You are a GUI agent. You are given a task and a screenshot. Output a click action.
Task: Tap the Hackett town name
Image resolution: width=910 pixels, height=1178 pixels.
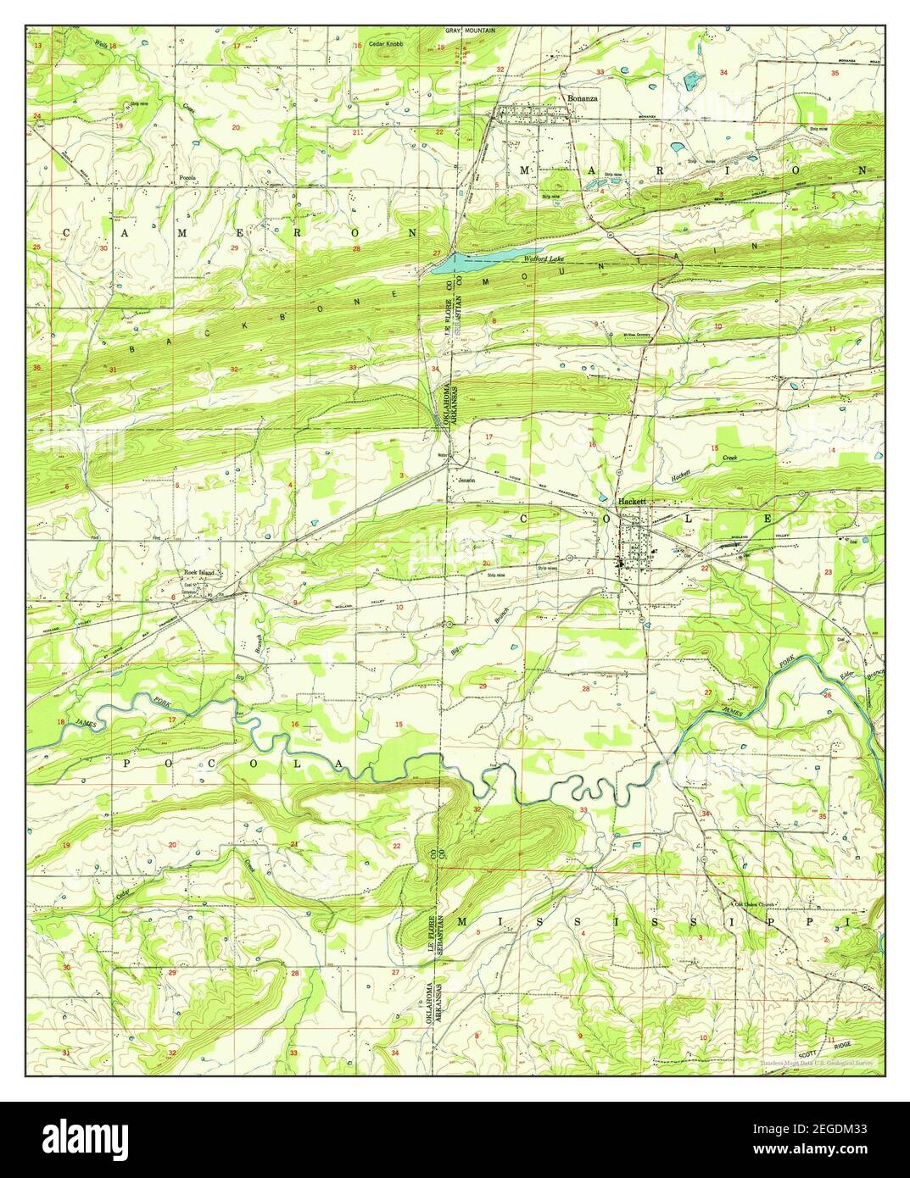(x=632, y=501)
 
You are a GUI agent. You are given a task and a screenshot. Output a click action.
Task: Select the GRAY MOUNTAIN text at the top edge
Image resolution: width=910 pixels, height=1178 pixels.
(x=471, y=30)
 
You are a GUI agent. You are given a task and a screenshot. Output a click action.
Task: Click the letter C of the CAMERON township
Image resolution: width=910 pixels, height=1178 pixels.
(x=64, y=231)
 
